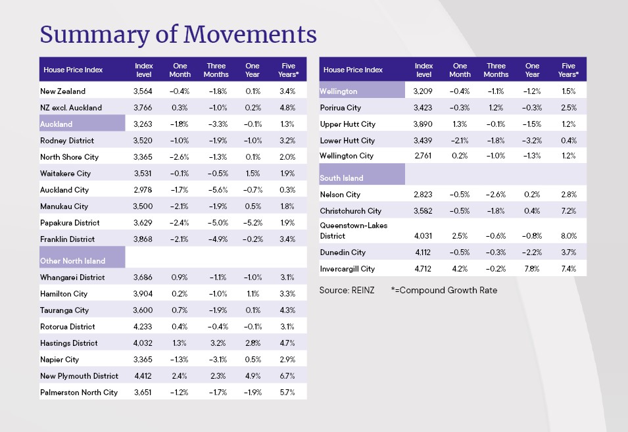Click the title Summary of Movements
pos(178,34)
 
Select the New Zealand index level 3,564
pos(144,91)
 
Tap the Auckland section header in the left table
pos(57,124)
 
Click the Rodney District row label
pos(67,141)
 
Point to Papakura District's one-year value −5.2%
pos(253,223)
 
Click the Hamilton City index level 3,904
pos(144,294)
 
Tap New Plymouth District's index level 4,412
pos(144,376)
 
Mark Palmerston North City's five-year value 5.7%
pos(288,393)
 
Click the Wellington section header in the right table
pos(339,91)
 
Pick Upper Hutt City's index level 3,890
pos(423,124)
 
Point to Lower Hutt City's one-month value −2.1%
pos(460,141)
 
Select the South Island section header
pos(341,178)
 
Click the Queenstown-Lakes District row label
pos(353,231)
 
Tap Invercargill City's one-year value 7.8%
pos(533,269)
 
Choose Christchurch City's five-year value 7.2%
pos(569,211)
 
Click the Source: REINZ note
pos(347,290)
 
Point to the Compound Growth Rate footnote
pos(444,290)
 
